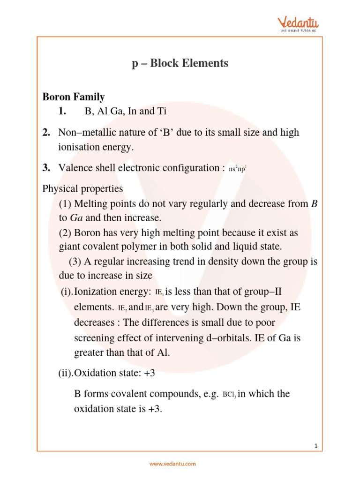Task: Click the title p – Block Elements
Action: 180,63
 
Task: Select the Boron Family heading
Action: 74,97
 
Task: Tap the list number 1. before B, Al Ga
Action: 63,112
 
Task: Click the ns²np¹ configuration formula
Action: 238,169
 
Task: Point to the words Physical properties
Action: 82,189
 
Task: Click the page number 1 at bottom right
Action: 316,447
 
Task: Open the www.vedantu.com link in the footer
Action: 172,464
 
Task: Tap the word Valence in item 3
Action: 76,168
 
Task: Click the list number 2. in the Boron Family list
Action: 46,133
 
